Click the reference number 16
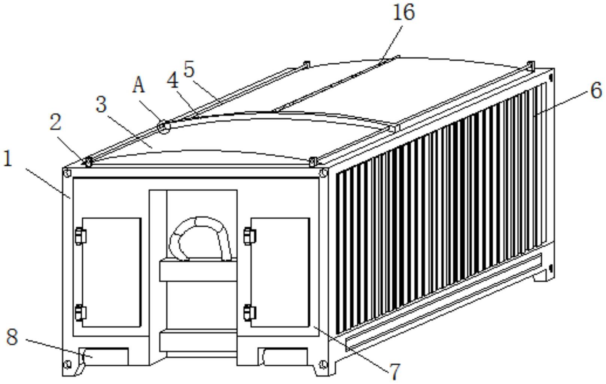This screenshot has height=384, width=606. [x=404, y=13]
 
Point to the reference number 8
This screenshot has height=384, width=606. [x=12, y=337]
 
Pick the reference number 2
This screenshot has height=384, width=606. [x=55, y=122]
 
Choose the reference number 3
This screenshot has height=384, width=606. [x=101, y=104]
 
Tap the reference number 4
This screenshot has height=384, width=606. [x=173, y=80]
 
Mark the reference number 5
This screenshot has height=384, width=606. [x=189, y=70]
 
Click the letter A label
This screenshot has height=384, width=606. [x=138, y=85]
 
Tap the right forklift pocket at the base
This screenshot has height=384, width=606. [x=283, y=357]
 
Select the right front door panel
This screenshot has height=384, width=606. [x=280, y=272]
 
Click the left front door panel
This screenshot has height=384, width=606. [x=112, y=272]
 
